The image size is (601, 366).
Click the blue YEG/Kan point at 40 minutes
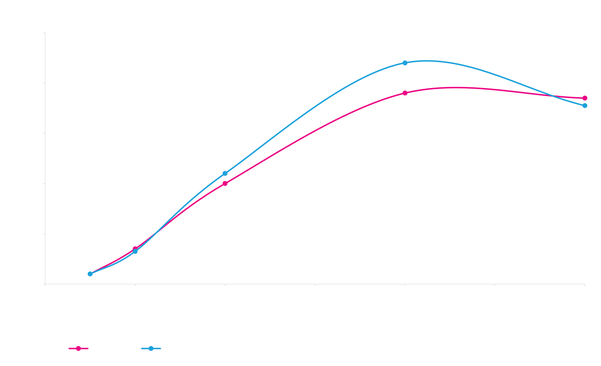[405, 63]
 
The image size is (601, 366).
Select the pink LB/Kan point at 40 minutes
[405, 93]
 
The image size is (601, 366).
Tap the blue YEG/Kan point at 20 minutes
[225, 173]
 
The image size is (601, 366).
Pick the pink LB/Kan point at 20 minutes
[225, 183]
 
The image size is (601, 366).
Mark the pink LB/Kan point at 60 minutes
[585, 98]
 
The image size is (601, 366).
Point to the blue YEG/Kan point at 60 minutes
[585, 106]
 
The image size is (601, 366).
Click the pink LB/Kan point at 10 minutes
[135, 249]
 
